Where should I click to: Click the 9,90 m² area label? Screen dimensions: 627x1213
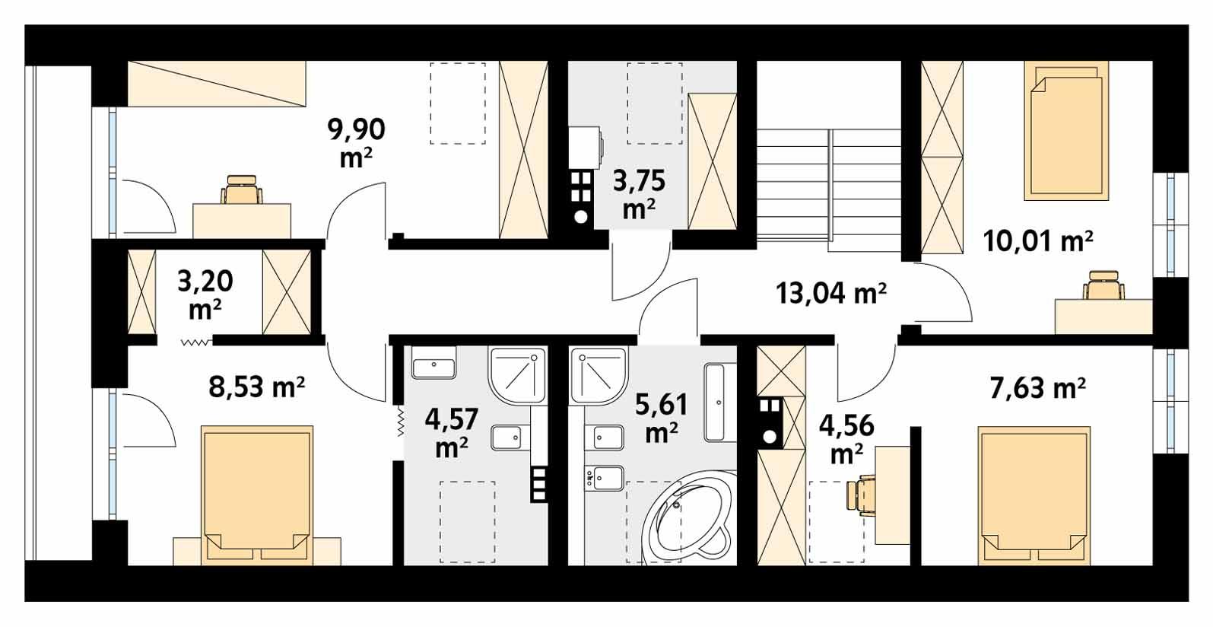[356, 142]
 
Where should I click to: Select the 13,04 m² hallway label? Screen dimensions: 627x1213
[830, 292]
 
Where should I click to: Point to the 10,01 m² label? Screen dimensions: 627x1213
[1037, 242]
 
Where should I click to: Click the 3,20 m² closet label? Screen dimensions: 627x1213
[205, 294]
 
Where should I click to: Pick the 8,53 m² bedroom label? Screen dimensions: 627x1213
[257, 387]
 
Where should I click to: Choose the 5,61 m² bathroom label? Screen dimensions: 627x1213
[661, 417]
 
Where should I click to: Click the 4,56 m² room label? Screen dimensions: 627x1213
[846, 439]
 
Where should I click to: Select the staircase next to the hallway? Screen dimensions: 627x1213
[829, 189]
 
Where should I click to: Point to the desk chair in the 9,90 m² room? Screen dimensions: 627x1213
[243, 189]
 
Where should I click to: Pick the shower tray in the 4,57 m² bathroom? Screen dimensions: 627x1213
[518, 376]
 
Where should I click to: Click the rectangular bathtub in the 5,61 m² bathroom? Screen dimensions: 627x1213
[716, 402]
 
